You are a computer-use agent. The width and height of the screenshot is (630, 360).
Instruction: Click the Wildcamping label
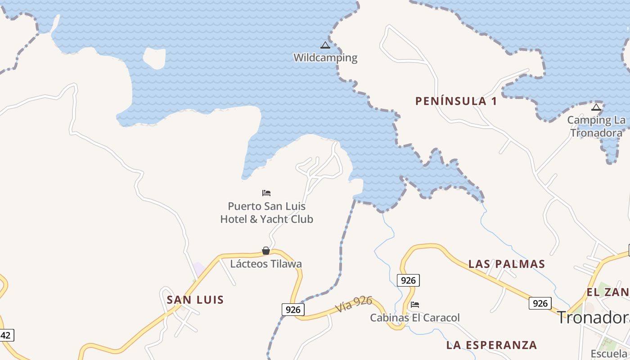click(325, 58)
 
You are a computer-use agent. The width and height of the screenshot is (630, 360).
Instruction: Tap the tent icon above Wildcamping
click(325, 45)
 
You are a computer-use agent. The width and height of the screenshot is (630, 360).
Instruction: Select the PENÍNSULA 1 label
click(456, 101)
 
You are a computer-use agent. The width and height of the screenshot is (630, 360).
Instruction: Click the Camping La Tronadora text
click(596, 126)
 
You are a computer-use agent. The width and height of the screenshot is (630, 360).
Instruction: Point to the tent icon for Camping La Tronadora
click(596, 107)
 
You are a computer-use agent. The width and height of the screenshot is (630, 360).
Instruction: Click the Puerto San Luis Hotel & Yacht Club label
click(266, 213)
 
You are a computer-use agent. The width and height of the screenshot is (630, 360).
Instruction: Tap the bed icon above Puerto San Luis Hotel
click(266, 193)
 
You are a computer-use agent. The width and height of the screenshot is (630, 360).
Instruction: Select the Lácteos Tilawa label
click(266, 264)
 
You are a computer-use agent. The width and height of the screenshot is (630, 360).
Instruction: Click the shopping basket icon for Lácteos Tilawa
click(266, 251)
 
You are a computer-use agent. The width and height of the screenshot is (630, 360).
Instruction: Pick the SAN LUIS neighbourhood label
click(195, 300)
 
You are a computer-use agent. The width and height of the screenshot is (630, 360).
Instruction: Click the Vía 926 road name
click(354, 305)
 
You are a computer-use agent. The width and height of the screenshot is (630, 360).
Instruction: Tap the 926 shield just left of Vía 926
click(293, 310)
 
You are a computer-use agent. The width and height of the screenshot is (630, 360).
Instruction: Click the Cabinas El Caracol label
click(415, 318)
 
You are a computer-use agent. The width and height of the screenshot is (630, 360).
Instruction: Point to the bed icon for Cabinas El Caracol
click(415, 305)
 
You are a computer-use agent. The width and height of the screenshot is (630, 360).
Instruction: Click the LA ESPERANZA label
click(491, 345)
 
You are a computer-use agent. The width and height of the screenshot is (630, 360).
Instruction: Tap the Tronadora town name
click(593, 318)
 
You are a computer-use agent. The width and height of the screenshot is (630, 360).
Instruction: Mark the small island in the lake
click(154, 58)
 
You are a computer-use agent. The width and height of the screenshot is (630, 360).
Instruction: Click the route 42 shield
click(6, 335)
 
